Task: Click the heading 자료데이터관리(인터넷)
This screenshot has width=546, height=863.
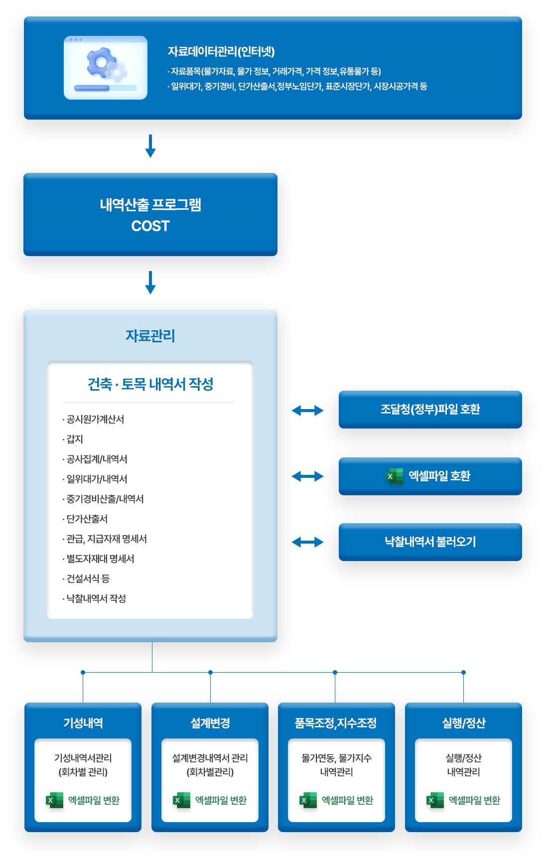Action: pyautogui.click(x=221, y=51)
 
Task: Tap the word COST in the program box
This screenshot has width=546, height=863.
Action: pyautogui.click(x=150, y=226)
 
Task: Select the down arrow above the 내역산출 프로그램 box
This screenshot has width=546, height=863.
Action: pyautogui.click(x=150, y=145)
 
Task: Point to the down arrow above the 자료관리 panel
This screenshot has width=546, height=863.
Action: pyautogui.click(x=150, y=283)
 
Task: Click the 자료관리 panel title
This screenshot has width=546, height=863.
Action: pyautogui.click(x=150, y=336)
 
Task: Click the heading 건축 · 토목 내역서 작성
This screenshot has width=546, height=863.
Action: pyautogui.click(x=150, y=384)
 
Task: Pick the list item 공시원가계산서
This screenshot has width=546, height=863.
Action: pyautogui.click(x=95, y=419)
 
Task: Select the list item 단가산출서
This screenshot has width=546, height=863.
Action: pyautogui.click(x=87, y=519)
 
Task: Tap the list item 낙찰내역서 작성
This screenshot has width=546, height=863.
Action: pyautogui.click(x=96, y=598)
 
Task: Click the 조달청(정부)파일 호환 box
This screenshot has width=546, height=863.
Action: pyautogui.click(x=430, y=410)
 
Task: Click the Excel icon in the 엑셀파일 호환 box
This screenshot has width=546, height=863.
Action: pyautogui.click(x=394, y=476)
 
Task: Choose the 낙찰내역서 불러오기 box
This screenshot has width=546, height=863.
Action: pyautogui.click(x=430, y=542)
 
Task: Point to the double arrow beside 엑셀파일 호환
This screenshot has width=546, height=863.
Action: pyautogui.click(x=307, y=476)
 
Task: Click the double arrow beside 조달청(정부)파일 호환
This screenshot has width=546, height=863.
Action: pyautogui.click(x=307, y=411)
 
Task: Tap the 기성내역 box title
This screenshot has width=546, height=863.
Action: pyautogui.click(x=83, y=723)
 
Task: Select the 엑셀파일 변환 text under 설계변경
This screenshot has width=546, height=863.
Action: pyautogui.click(x=221, y=800)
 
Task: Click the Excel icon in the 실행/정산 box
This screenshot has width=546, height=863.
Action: pyautogui.click(x=435, y=800)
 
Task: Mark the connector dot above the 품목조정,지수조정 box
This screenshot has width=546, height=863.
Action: pyautogui.click(x=335, y=672)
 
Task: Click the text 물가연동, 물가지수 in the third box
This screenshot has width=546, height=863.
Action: pyautogui.click(x=336, y=758)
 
